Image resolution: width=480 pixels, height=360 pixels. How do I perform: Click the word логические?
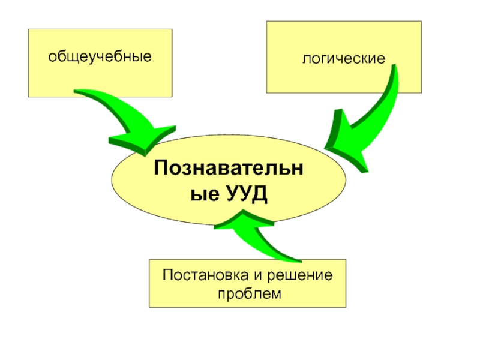pos(343,59)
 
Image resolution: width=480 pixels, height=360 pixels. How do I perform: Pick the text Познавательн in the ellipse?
pos(229,167)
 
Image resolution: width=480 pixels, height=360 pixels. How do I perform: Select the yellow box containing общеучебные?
pos(100,63)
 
